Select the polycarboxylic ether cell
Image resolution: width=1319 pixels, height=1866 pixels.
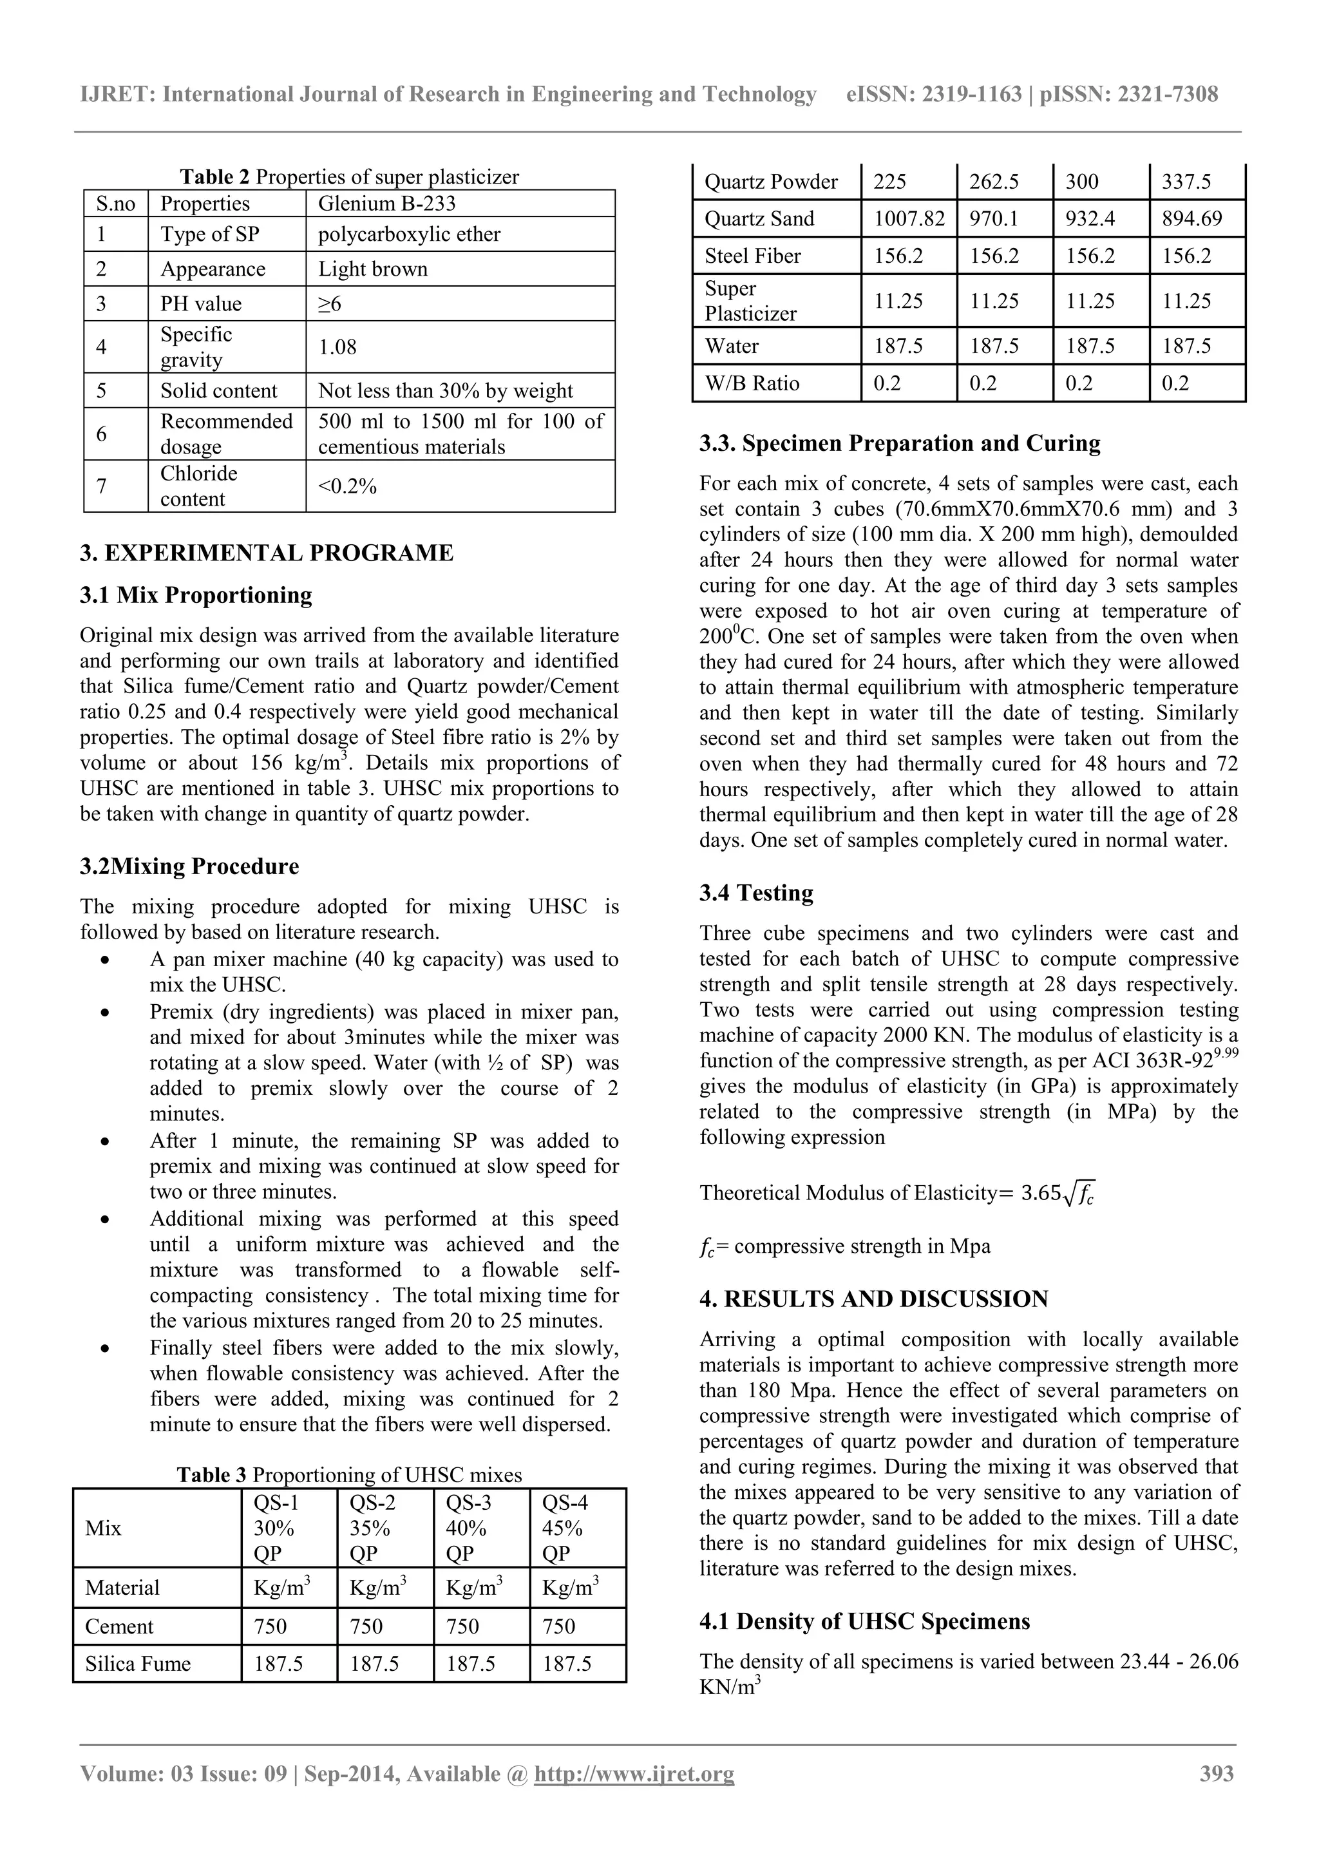pyautogui.click(x=409, y=234)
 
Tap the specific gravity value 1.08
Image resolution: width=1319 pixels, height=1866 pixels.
pyautogui.click(x=337, y=347)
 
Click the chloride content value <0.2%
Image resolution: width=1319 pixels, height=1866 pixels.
pyautogui.click(x=347, y=486)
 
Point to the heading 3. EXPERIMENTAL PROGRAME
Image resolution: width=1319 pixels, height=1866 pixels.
pyautogui.click(x=267, y=553)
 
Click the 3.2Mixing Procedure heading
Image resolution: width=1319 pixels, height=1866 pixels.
pyautogui.click(x=189, y=866)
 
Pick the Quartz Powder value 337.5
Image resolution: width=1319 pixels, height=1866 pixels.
pyautogui.click(x=1186, y=181)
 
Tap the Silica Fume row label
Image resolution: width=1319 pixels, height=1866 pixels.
pyautogui.click(x=138, y=1664)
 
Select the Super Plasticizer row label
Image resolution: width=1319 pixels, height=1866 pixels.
pyautogui.click(x=750, y=301)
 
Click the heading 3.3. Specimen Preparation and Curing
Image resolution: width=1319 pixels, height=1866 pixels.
pyautogui.click(x=900, y=444)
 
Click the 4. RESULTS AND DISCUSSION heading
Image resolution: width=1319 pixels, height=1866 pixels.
pyautogui.click(x=874, y=1299)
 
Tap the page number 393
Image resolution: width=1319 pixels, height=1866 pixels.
pyautogui.click(x=1217, y=1773)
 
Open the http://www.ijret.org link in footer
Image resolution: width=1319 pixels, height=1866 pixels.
pyautogui.click(x=634, y=1773)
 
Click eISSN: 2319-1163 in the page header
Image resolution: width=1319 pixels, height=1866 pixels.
pyautogui.click(x=934, y=94)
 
